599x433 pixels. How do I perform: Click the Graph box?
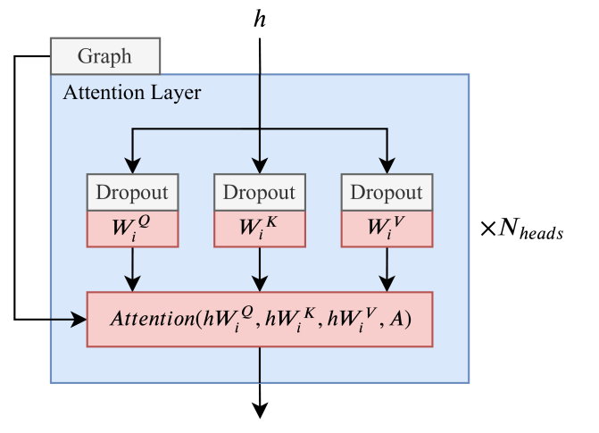[104, 55]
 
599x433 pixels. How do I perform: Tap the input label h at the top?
[260, 20]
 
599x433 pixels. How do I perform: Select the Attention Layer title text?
[131, 92]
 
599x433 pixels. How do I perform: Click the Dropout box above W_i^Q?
[133, 192]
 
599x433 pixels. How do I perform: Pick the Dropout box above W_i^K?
[259, 192]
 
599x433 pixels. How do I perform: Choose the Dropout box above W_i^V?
[386, 192]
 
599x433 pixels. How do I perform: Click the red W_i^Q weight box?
[133, 228]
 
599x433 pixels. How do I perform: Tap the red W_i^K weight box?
[259, 228]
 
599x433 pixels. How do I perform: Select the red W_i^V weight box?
[386, 228]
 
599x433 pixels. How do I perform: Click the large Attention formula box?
[259, 319]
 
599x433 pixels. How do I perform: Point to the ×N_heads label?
[521, 229]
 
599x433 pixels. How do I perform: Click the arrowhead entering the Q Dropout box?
[133, 167]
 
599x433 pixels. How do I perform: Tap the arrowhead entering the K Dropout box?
[260, 167]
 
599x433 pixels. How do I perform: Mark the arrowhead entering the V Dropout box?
[387, 167]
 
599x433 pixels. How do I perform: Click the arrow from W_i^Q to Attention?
[133, 268]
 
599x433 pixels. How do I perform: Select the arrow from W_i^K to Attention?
[260, 268]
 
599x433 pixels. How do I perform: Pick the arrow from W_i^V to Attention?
[387, 268]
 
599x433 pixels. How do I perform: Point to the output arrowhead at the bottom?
[260, 411]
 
